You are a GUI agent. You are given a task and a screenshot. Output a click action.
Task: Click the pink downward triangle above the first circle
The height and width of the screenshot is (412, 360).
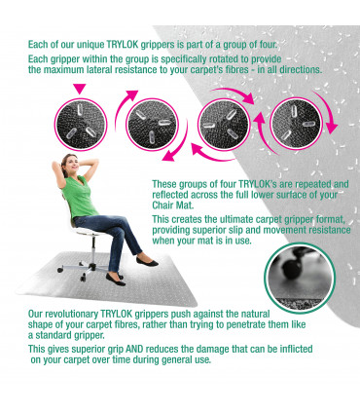point(80,89)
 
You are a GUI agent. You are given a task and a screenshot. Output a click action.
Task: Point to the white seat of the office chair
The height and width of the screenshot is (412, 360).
point(87,231)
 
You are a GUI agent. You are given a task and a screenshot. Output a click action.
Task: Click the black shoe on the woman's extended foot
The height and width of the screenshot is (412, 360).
point(148,261)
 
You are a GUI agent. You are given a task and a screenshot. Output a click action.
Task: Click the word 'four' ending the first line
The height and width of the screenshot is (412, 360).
point(268,44)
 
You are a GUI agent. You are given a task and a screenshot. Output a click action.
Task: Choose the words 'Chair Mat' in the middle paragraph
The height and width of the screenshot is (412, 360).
point(172,206)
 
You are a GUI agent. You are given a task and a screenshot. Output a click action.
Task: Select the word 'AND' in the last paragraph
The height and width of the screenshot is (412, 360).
point(134,349)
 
